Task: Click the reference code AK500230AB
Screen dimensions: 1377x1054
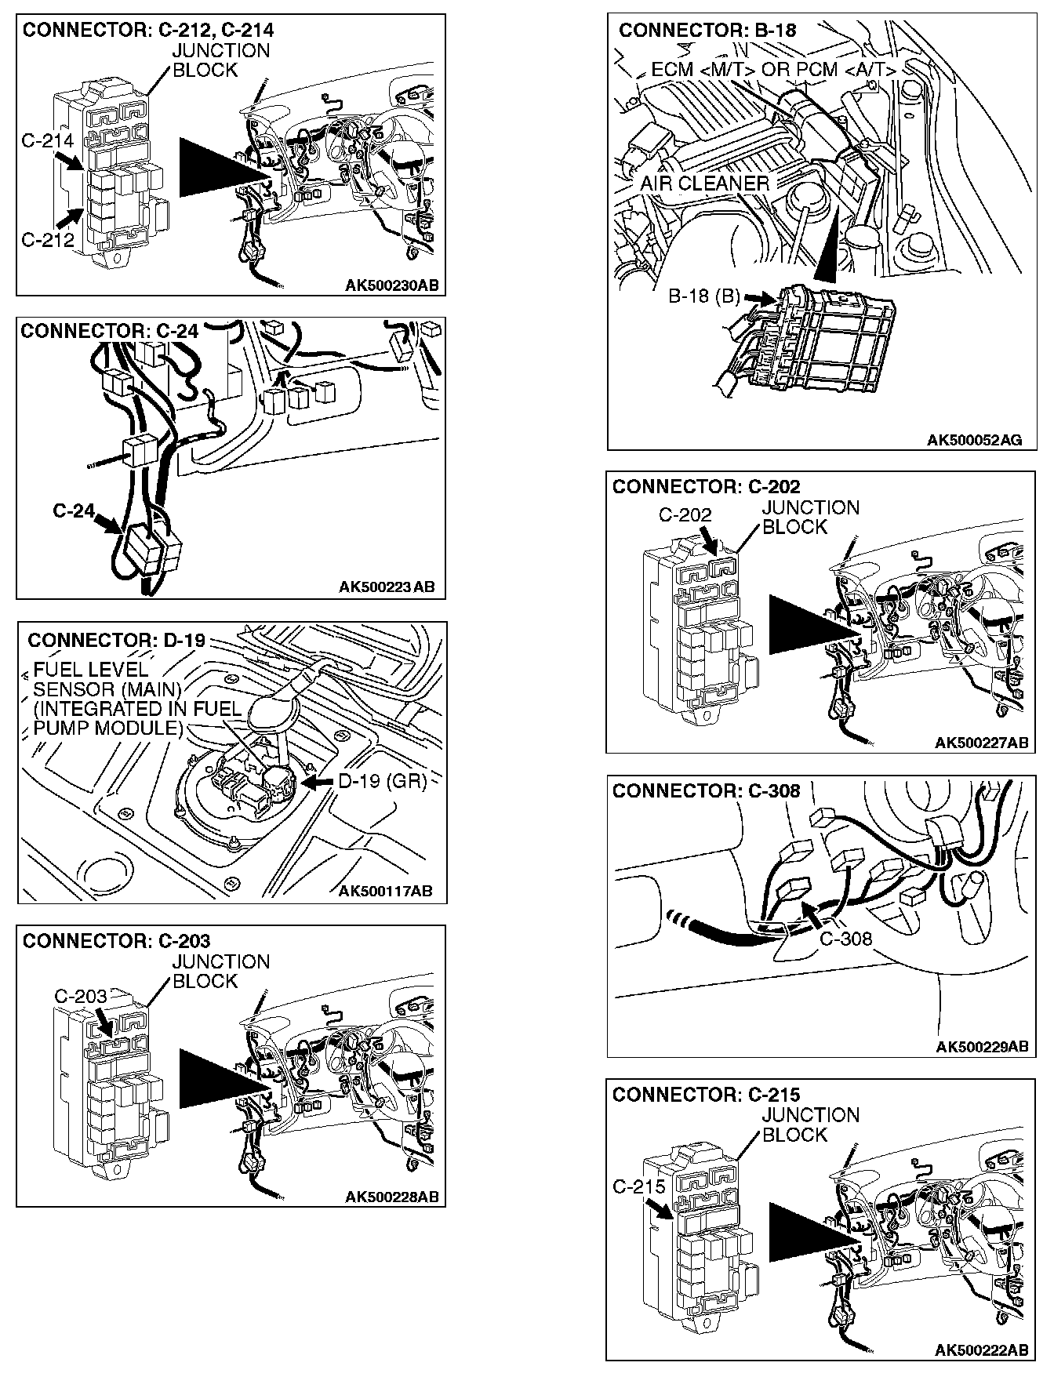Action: (392, 285)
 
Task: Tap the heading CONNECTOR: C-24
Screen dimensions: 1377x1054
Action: (110, 331)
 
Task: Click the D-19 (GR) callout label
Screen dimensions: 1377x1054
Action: (382, 782)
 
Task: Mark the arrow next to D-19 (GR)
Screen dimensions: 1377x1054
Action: (318, 783)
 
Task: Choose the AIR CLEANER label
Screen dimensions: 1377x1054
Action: (704, 183)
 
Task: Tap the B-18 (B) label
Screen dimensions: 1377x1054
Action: (704, 296)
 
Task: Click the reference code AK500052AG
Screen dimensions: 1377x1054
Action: (975, 441)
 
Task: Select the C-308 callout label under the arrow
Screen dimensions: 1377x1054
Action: (845, 938)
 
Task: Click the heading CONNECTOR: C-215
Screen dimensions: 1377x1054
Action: (707, 1094)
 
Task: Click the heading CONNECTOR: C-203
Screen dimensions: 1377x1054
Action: (117, 940)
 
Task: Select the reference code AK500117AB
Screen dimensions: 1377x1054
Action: (385, 891)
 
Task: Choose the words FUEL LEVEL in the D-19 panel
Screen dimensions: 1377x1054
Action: (90, 670)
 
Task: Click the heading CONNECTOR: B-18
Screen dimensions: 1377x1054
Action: (707, 31)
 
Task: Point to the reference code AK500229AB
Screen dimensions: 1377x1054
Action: (982, 1047)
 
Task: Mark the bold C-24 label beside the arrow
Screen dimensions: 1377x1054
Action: (73, 511)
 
